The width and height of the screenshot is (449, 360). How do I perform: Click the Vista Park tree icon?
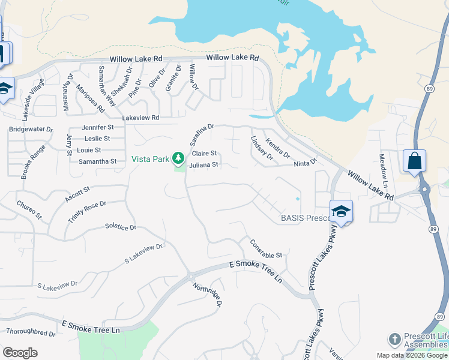178,158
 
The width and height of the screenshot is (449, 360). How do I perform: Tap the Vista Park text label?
151,159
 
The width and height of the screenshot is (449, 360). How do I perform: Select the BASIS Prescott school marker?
341,212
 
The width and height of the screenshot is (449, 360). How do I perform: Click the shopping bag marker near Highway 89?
414,161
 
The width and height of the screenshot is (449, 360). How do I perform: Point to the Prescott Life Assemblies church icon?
394,339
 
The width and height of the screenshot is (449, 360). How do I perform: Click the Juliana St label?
203,164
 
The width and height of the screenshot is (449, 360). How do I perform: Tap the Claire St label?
204,154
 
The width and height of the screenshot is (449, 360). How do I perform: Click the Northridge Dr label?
208,295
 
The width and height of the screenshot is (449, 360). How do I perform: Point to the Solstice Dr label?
121,227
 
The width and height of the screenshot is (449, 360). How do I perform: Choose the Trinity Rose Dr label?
86,212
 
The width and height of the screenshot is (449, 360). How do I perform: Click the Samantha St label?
97,161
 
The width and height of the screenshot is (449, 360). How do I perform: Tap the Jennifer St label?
98,127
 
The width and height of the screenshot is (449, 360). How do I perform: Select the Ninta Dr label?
304,164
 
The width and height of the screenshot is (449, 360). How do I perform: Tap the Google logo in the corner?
20,353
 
